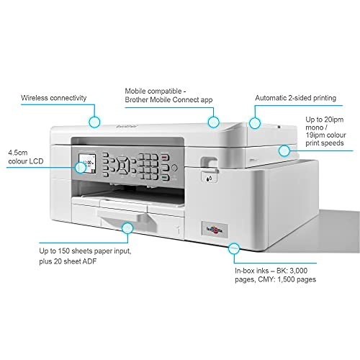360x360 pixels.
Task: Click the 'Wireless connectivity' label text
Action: point(53,98)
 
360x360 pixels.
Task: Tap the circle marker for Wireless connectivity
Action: point(94,122)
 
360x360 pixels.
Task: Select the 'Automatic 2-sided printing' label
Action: point(295,98)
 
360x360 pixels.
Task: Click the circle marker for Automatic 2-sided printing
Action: point(255,123)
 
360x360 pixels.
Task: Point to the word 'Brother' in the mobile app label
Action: point(137,99)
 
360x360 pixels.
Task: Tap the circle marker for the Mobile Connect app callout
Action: point(213,122)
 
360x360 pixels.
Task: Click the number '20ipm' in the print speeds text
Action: point(334,120)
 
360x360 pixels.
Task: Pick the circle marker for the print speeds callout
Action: point(284,151)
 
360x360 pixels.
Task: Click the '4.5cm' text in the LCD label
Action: point(18,153)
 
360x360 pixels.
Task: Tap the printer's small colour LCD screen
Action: point(87,164)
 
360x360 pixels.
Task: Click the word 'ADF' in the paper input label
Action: point(89,261)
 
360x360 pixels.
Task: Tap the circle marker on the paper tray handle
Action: point(127,228)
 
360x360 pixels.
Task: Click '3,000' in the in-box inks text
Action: point(299,271)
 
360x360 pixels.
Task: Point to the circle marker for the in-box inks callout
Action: point(234,248)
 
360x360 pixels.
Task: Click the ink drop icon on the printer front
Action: point(209,178)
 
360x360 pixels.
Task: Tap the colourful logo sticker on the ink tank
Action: point(215,230)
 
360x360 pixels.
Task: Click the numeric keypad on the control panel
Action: point(148,166)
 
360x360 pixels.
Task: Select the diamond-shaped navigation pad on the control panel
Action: point(123,166)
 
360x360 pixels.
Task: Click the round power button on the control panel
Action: point(174,168)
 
